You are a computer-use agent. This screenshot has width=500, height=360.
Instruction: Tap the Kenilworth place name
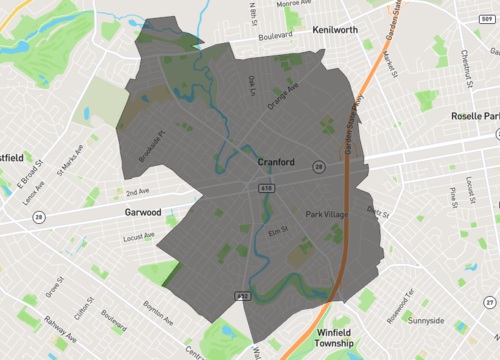pyautogui.click(x=335, y=30)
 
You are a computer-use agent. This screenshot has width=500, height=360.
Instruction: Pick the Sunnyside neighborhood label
pyautogui.click(x=427, y=322)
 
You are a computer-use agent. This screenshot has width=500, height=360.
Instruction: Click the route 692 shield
pyautogui.click(x=242, y=296)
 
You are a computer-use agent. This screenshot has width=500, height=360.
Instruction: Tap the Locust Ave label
pyautogui.click(x=138, y=237)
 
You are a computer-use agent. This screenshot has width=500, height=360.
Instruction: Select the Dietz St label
pyautogui.click(x=377, y=211)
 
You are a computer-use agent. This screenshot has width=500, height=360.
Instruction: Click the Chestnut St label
pyautogui.click(x=466, y=68)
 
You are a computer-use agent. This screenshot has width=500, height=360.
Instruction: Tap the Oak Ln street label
pyautogui.click(x=252, y=85)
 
